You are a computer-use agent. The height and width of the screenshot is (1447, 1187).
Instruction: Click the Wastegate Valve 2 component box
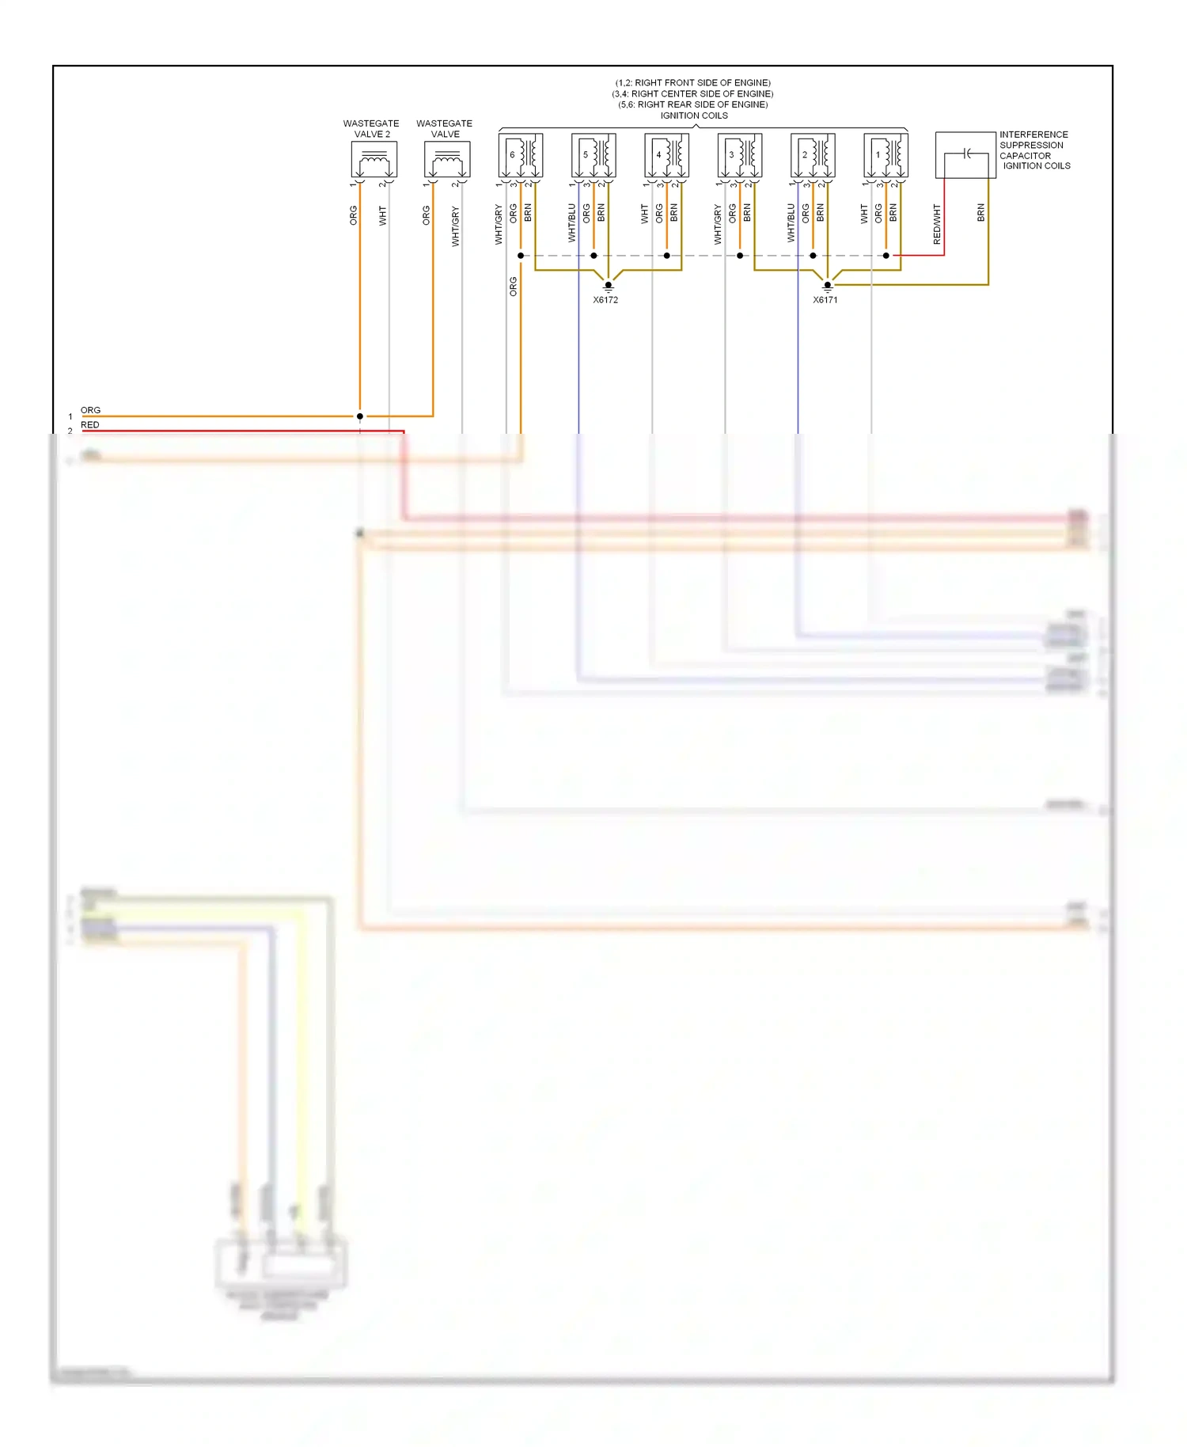374,160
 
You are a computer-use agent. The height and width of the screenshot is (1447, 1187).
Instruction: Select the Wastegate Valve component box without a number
447,160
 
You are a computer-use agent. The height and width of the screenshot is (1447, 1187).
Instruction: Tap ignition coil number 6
520,155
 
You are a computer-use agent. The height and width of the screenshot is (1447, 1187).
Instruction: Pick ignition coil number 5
593,155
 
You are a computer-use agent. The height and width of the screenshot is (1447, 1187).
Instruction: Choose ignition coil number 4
666,155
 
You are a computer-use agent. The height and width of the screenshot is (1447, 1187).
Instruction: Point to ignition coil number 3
739,155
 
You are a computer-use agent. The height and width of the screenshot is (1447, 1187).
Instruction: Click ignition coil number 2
813,155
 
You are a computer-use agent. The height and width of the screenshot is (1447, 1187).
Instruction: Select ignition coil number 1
886,155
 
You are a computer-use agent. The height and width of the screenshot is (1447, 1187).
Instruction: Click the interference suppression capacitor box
965,155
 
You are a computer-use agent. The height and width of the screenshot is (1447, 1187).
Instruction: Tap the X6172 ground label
605,300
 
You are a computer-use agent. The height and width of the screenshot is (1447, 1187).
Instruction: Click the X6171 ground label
825,300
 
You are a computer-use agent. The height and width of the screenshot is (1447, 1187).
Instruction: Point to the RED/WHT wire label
937,224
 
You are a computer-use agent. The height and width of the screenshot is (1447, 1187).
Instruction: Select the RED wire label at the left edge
90,425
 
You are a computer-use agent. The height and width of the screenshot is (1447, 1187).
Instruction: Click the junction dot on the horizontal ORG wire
360,416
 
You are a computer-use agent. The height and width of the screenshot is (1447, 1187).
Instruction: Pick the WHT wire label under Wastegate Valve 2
382,215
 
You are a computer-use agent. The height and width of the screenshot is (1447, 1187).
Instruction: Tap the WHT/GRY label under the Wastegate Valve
455,226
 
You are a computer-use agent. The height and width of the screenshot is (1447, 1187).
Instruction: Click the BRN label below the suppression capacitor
980,212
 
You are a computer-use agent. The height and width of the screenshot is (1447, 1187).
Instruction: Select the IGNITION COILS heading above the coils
694,116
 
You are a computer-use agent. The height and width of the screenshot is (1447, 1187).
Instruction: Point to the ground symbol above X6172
608,286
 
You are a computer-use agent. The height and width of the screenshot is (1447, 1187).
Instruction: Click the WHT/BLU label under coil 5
571,222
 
